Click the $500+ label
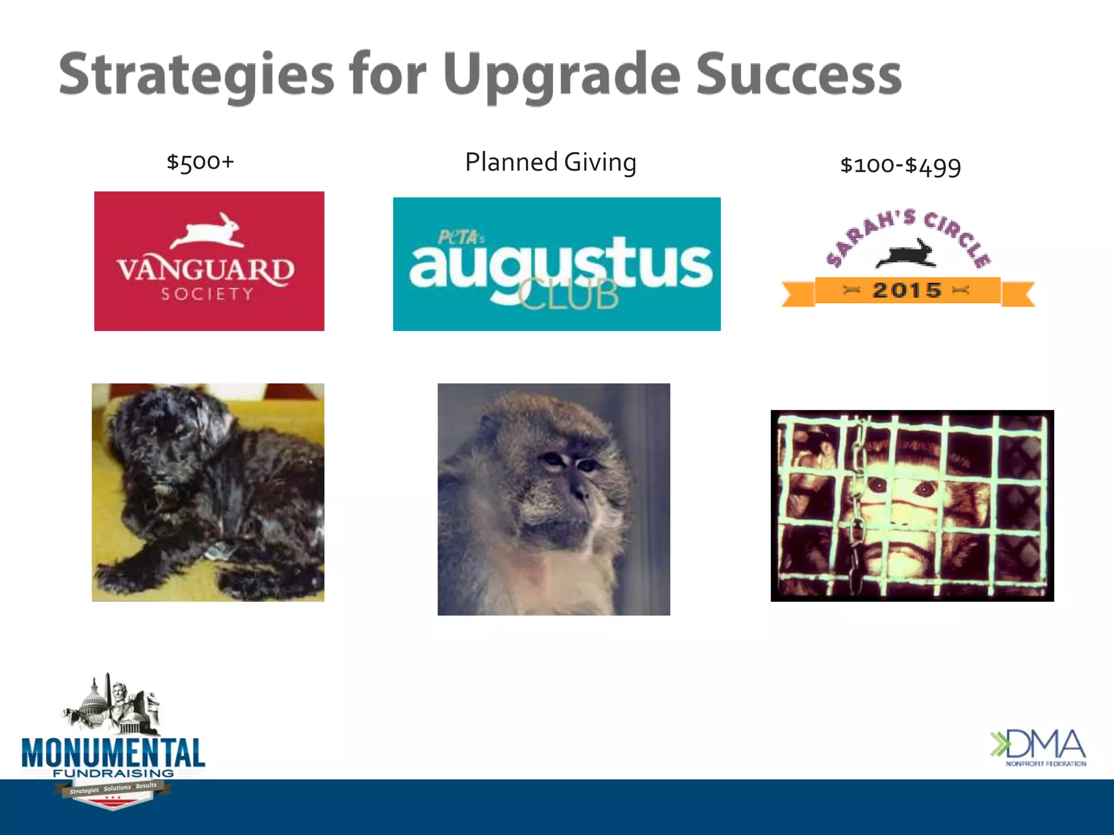point(200,162)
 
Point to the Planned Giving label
point(550,162)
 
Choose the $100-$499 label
point(901,165)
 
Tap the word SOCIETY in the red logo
point(208,294)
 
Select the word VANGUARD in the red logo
point(206,269)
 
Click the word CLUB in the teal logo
point(568,295)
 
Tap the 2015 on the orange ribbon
point(907,290)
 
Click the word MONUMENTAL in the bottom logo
point(113,753)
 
